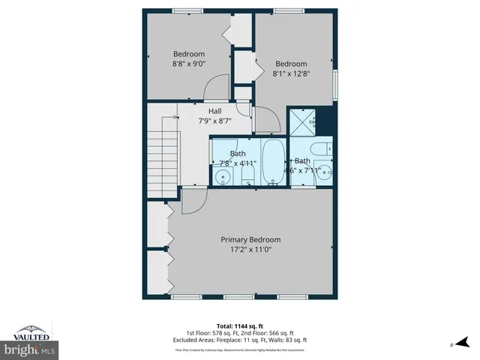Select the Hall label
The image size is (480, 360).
[215, 111]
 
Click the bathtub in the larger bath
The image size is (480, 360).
[273, 160]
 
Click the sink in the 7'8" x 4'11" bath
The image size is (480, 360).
[223, 177]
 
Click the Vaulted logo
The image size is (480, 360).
[30, 332]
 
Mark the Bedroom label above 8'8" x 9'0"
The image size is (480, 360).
[189, 53]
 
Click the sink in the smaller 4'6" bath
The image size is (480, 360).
[323, 169]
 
